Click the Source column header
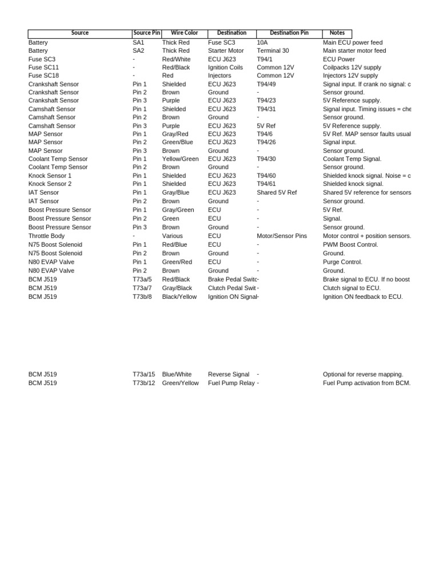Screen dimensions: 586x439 [x=80, y=33]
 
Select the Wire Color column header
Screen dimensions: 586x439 [x=184, y=33]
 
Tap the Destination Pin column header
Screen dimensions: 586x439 [x=289, y=33]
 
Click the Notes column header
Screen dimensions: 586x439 [x=337, y=33]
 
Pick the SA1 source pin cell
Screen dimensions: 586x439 [x=139, y=42]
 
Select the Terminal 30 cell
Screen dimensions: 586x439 [x=273, y=50]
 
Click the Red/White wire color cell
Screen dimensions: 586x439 [x=176, y=59]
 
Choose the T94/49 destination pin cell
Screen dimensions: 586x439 [x=266, y=84]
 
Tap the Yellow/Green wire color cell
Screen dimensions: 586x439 [x=181, y=159]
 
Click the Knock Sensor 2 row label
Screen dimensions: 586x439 [x=50, y=184]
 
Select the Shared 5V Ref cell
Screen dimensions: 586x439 [x=277, y=192]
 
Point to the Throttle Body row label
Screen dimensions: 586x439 [x=46, y=236]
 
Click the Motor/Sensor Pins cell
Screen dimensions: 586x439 [x=282, y=236]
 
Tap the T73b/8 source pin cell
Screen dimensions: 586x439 [x=142, y=296]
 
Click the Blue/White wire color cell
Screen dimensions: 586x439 [x=177, y=374]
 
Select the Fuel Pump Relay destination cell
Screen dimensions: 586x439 [x=231, y=383]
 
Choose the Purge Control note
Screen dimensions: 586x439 [x=342, y=262]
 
